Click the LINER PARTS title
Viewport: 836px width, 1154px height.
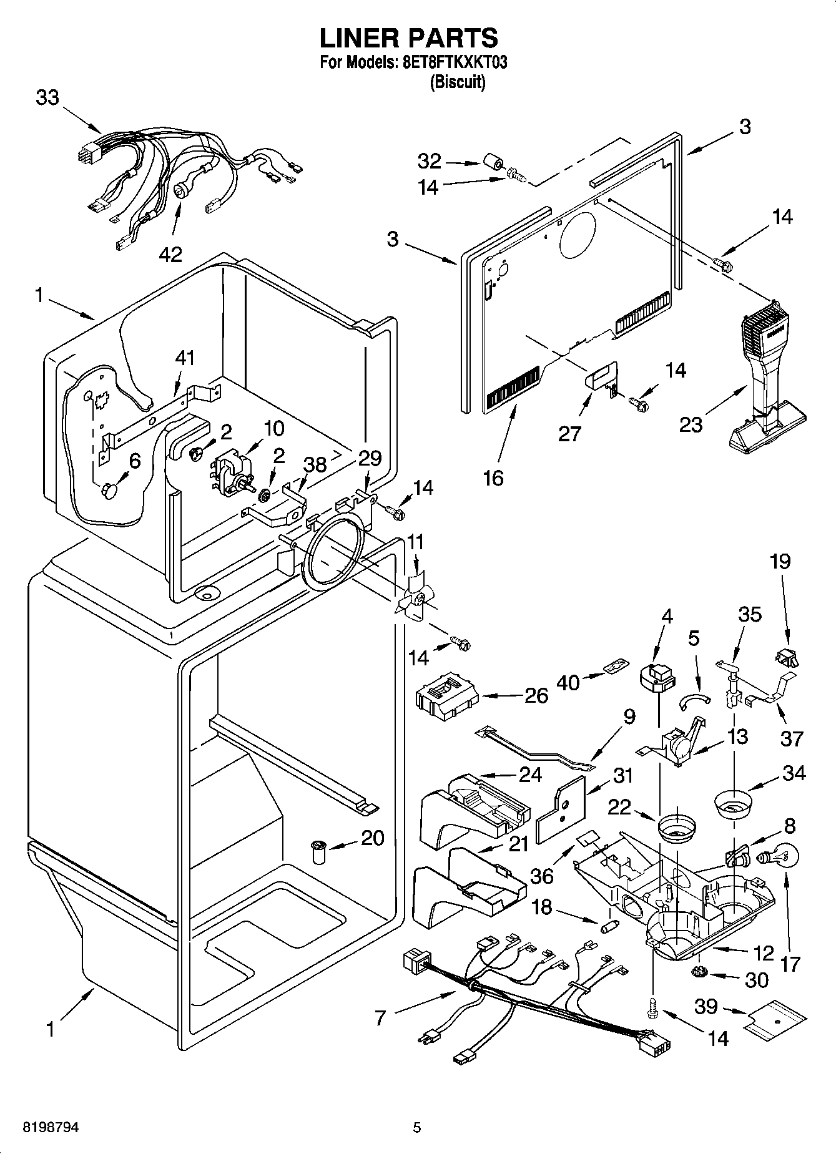click(x=409, y=38)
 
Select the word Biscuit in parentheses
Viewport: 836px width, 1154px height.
click(x=458, y=82)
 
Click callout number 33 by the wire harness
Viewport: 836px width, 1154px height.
click(x=47, y=98)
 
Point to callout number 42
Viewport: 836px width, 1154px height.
click(x=170, y=254)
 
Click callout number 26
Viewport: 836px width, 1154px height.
click(x=536, y=695)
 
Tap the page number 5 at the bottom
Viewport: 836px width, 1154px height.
click(x=417, y=1127)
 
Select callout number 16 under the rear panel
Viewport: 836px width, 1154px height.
click(x=493, y=478)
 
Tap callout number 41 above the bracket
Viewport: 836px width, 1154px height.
click(x=185, y=358)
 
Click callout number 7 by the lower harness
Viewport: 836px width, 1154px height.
click(x=381, y=1018)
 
